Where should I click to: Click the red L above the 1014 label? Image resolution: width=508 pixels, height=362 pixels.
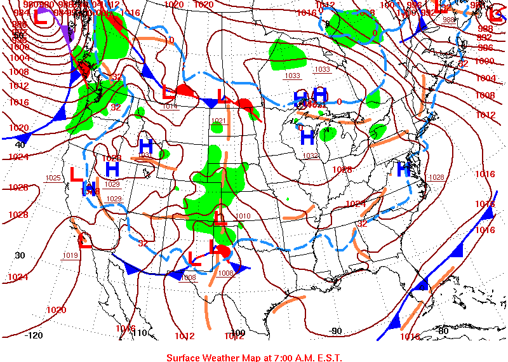(x=168, y=92)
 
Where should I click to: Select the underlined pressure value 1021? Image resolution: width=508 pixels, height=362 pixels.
(x=218, y=121)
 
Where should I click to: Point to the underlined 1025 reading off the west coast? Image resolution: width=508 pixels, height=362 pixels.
(x=53, y=178)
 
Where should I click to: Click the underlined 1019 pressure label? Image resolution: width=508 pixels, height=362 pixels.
(x=70, y=255)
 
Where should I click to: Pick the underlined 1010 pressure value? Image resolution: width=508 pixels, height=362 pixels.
(x=243, y=217)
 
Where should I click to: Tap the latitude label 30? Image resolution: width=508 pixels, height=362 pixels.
(x=20, y=255)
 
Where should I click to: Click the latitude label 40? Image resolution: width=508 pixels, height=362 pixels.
(x=20, y=145)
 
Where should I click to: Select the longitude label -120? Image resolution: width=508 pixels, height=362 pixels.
(x=34, y=335)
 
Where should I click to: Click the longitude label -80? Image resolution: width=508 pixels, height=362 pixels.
(x=443, y=331)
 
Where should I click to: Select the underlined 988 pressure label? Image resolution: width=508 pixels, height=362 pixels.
(x=449, y=20)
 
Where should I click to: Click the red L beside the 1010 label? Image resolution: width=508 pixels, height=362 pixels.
(x=220, y=218)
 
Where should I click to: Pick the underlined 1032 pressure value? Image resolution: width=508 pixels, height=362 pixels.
(x=311, y=156)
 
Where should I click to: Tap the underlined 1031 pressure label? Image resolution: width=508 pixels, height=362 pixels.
(x=145, y=156)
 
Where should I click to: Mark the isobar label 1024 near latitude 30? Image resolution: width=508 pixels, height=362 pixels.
(x=18, y=277)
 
